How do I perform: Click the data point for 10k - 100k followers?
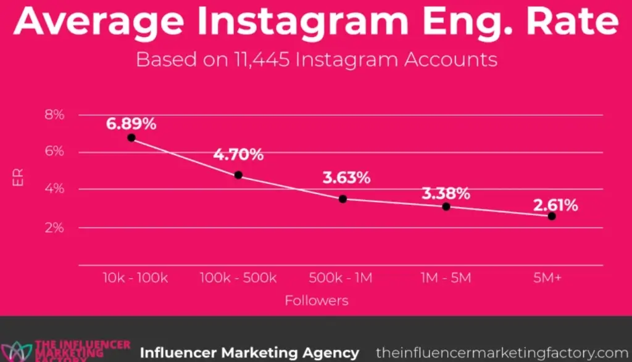(x=131, y=138)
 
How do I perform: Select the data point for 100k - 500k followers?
(x=238, y=175)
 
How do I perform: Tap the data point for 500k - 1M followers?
(x=343, y=199)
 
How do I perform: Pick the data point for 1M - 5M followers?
(x=446, y=206)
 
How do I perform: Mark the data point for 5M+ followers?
(x=551, y=216)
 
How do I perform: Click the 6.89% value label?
(x=131, y=123)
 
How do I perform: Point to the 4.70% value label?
(x=238, y=154)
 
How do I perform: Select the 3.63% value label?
(x=346, y=178)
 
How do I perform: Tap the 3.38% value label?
(x=446, y=193)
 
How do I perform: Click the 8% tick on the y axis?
(x=54, y=115)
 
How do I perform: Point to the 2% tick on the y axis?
(x=54, y=228)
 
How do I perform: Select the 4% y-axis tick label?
(x=54, y=189)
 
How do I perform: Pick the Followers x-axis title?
(x=316, y=301)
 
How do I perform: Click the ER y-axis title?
(x=19, y=183)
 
